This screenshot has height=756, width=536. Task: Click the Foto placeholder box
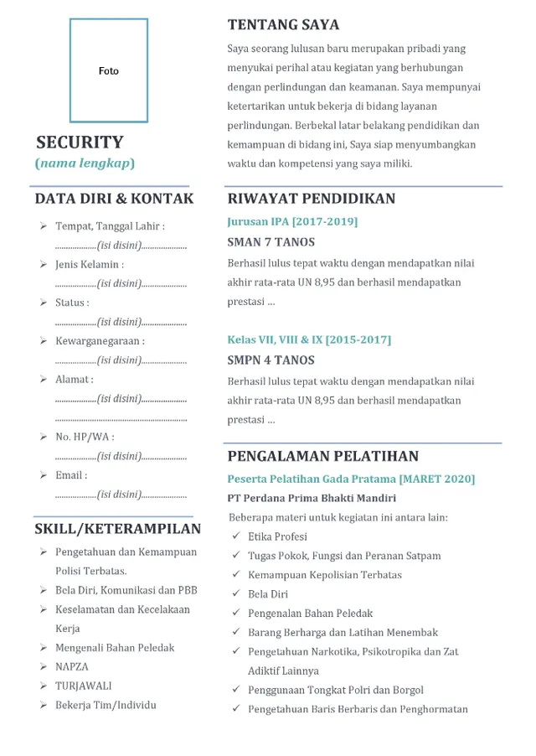click(109, 71)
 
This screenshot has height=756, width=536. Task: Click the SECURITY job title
click(80, 142)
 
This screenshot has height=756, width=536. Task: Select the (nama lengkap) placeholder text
click(85, 163)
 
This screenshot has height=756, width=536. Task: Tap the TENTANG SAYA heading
click(283, 24)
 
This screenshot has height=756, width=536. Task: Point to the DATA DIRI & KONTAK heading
click(114, 199)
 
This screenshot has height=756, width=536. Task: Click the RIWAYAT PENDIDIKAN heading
click(312, 199)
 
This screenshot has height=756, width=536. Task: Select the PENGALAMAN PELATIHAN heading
click(323, 457)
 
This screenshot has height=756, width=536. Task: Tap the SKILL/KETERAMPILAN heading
click(117, 529)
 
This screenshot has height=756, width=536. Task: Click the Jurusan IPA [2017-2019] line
click(292, 222)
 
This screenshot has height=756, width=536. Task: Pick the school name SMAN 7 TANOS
click(271, 242)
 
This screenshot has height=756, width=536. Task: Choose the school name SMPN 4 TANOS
click(271, 360)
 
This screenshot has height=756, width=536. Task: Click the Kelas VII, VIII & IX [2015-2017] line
click(309, 340)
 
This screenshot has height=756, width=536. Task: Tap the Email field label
click(71, 475)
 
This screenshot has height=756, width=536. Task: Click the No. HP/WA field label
click(85, 437)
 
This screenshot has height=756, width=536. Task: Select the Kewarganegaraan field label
click(100, 341)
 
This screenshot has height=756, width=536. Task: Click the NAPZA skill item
click(72, 667)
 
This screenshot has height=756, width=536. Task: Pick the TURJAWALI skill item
click(83, 686)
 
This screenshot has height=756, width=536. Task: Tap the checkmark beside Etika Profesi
click(236, 536)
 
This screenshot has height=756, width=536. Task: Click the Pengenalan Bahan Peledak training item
click(310, 614)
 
